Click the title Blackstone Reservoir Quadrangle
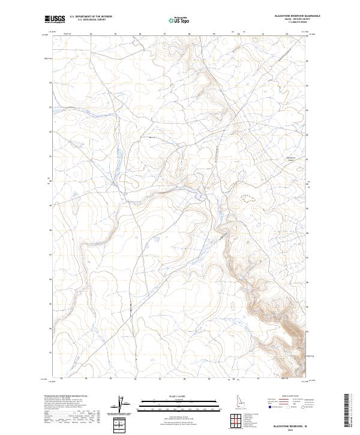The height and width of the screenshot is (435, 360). [x=289, y=16]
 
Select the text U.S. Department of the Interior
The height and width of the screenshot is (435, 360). [x=91, y=17]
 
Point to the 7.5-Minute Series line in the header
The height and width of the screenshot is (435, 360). [x=289, y=23]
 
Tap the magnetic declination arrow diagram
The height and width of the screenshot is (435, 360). [x=125, y=406]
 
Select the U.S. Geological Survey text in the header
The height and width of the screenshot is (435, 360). [x=91, y=20]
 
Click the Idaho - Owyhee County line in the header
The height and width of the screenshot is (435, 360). [x=289, y=20]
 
